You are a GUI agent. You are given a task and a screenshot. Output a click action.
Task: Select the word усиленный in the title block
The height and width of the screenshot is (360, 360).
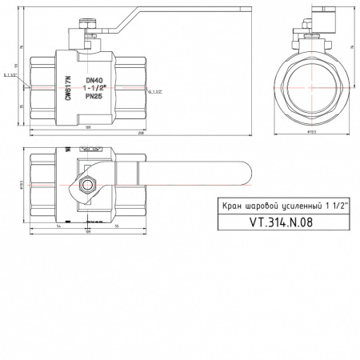304,206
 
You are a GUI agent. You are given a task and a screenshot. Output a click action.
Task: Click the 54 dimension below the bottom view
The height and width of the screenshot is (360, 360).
60,227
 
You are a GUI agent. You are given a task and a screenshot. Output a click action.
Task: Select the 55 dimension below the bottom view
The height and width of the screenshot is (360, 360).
117,227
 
